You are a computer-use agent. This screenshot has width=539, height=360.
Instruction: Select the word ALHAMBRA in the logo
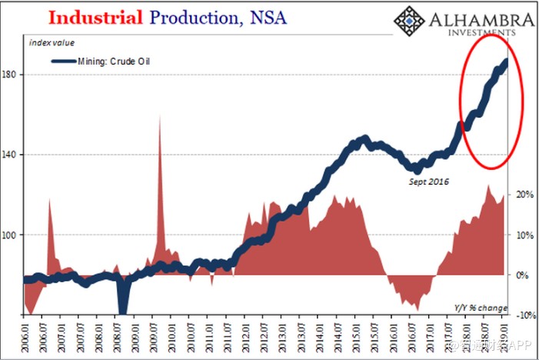click(476, 19)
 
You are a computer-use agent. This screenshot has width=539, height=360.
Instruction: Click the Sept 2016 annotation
click(427, 182)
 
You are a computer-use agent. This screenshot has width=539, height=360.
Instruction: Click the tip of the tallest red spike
click(159, 116)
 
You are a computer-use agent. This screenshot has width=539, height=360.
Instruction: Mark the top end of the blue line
click(506, 61)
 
